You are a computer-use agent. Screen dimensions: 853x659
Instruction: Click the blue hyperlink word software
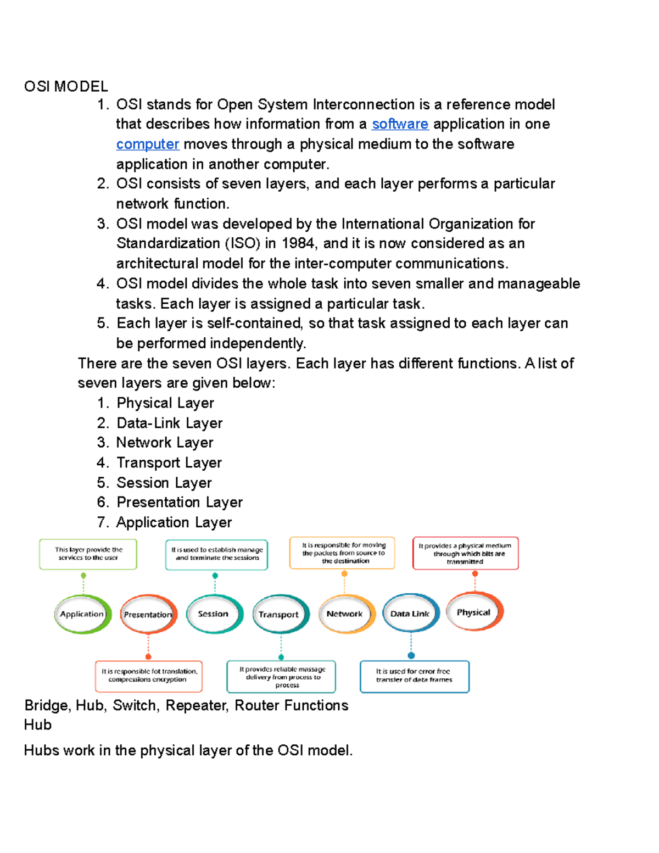tap(400, 124)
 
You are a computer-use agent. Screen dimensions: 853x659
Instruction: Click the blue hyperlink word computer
tap(147, 144)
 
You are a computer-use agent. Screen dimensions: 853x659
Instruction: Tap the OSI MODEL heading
tap(66, 86)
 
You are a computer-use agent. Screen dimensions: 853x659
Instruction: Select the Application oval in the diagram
tap(82, 614)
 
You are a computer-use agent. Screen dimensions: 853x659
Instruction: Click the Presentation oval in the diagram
tap(148, 615)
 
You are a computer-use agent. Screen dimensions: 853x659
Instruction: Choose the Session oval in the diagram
tap(214, 614)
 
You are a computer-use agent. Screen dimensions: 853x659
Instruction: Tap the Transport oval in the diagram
tap(280, 615)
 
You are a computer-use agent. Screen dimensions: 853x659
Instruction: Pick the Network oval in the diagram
tap(345, 614)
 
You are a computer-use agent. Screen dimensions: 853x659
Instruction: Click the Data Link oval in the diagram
tap(410, 614)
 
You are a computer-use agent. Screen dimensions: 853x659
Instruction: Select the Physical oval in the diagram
tap(474, 612)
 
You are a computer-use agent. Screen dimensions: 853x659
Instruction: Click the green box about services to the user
tap(88, 554)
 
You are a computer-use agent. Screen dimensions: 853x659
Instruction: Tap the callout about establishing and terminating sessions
tap(217, 554)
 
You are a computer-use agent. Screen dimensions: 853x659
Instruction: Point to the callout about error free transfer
tap(414, 676)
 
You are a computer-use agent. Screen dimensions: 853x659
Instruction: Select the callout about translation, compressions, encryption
tap(148, 676)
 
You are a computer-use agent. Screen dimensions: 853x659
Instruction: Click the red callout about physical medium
tap(465, 553)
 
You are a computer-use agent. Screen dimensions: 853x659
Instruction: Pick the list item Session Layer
tap(164, 483)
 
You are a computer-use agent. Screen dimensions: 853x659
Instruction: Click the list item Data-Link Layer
tap(169, 423)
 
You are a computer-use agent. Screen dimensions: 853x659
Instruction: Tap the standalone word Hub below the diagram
tap(38, 725)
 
